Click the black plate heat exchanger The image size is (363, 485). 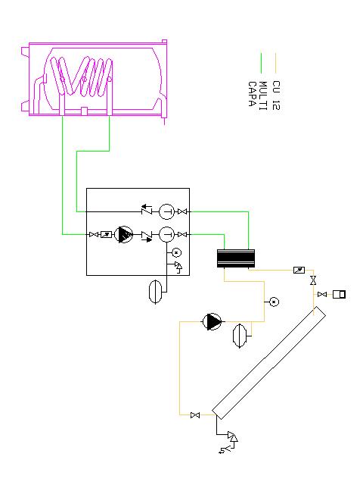click(x=236, y=258)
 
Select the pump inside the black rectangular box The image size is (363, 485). click(x=124, y=235)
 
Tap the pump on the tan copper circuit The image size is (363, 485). click(x=212, y=321)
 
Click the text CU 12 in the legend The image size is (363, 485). click(x=276, y=95)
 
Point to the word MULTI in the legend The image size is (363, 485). click(x=262, y=96)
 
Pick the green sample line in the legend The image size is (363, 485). click(x=262, y=63)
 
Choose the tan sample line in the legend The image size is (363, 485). click(x=275, y=63)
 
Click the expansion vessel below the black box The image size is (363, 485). click(x=155, y=292)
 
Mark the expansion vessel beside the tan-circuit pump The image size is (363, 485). click(x=240, y=336)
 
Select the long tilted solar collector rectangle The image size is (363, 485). click(x=268, y=362)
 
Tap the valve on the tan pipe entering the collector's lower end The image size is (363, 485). click(x=195, y=415)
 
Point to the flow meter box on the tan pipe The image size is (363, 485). click(x=299, y=271)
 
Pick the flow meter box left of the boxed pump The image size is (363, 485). click(x=107, y=235)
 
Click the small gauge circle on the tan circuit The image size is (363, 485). click(x=274, y=302)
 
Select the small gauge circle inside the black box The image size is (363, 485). click(x=176, y=252)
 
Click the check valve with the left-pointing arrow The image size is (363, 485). click(x=147, y=210)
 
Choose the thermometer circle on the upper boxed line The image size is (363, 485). click(x=166, y=212)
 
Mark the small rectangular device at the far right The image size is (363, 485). click(x=339, y=294)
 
